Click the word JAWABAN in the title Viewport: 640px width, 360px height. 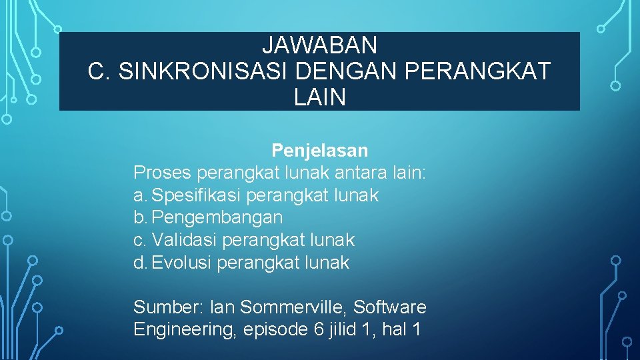pos(319,45)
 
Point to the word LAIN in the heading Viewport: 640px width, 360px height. pos(319,98)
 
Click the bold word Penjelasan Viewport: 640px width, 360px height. pos(319,151)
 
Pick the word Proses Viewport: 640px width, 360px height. pos(162,173)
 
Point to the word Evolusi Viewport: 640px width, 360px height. pos(181,263)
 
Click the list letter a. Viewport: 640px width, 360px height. pos(139,195)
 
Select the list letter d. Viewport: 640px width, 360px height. pos(139,263)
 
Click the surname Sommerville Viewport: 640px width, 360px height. pos(293,307)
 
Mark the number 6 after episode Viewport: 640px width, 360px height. pos(317,329)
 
